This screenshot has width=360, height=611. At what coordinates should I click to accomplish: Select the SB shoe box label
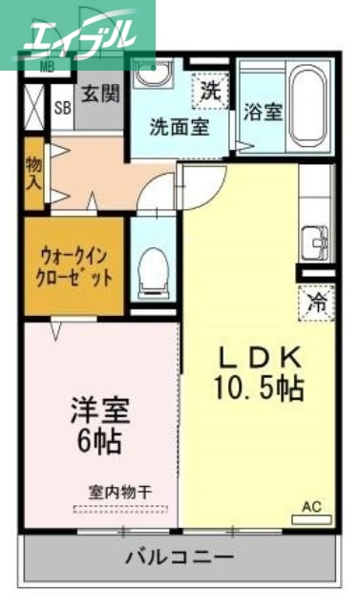click(x=62, y=109)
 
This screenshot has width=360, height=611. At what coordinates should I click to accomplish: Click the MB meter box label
click(x=45, y=68)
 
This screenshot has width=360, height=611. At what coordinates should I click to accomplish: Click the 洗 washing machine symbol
click(x=209, y=92)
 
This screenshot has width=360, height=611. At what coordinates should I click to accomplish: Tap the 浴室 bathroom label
click(x=261, y=111)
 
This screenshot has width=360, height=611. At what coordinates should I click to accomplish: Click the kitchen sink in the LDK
click(x=314, y=244)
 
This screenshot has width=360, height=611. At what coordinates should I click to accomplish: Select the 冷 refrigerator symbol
click(x=315, y=304)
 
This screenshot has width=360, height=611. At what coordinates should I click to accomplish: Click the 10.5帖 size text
click(x=260, y=389)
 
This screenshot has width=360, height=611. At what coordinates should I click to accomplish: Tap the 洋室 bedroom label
click(x=99, y=416)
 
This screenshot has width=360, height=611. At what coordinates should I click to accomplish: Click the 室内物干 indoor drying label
click(x=119, y=493)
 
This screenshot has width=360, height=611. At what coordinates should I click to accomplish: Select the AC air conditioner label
click(x=311, y=507)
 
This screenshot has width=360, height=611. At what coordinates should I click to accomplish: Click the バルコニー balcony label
click(x=180, y=557)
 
